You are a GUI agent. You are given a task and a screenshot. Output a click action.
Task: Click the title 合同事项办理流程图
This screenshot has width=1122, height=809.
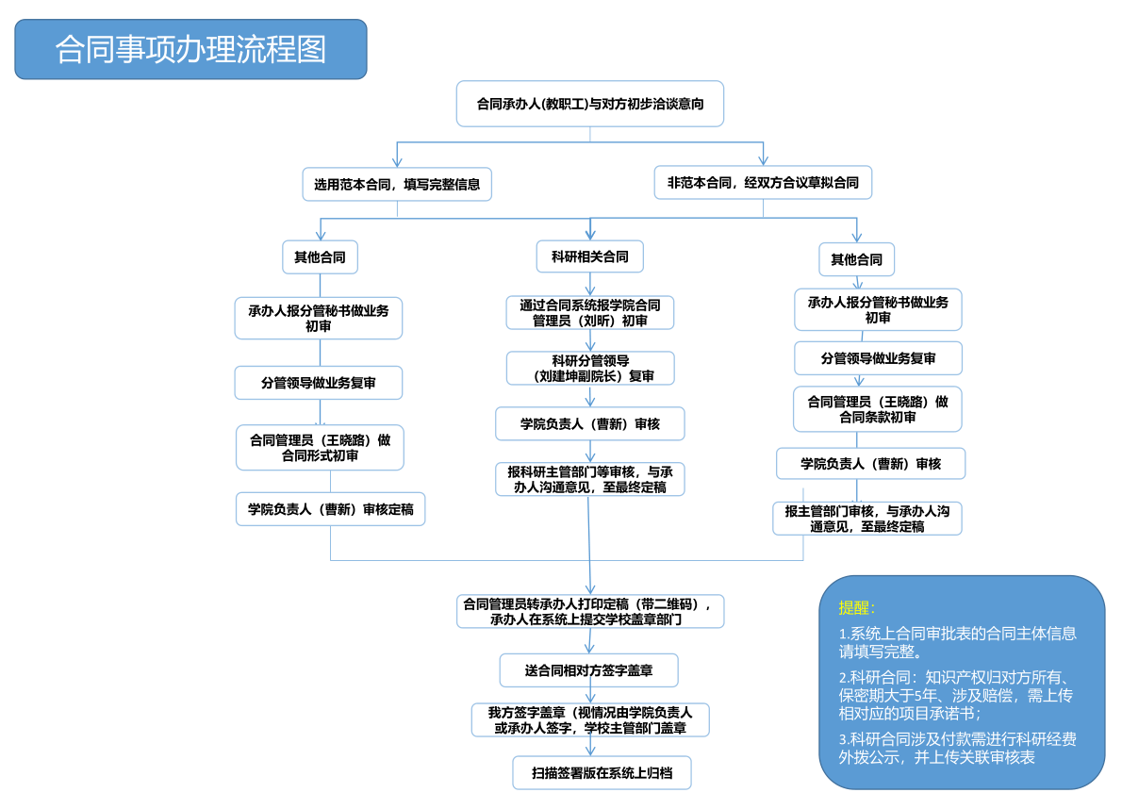tap(190, 49)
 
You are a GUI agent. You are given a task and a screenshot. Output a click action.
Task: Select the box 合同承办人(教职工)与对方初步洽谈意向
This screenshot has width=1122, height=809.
tap(590, 104)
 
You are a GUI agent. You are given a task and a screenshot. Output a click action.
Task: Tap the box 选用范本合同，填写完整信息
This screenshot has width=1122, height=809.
tap(397, 185)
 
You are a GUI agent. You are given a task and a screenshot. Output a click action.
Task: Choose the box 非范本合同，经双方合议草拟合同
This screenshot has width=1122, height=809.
tap(763, 183)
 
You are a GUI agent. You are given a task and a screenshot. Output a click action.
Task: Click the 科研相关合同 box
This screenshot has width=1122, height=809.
tap(590, 256)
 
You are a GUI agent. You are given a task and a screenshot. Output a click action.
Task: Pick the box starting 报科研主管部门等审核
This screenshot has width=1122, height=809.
tap(590, 479)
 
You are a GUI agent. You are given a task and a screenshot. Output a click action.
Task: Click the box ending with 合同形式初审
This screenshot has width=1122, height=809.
tap(320, 448)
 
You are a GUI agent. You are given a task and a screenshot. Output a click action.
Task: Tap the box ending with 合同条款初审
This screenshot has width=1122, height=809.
tap(878, 409)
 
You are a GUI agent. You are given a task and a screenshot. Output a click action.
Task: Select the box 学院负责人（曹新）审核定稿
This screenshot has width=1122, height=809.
tap(330, 510)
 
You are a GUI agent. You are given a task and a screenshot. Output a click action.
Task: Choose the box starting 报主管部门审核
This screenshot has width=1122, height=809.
tap(867, 519)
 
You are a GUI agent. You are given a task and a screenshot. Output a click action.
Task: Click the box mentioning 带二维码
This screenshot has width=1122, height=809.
tap(590, 611)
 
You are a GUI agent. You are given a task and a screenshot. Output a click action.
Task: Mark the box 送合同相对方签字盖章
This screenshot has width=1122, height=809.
tap(588, 670)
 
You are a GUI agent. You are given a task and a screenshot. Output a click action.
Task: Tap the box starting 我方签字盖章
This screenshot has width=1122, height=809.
tap(590, 720)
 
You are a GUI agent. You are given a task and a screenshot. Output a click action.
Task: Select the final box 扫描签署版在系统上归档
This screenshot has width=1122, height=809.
tap(602, 773)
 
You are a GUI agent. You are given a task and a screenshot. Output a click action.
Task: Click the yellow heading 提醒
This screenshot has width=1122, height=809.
tap(857, 607)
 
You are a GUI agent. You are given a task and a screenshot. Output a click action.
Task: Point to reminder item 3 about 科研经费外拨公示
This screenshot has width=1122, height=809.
tap(957, 748)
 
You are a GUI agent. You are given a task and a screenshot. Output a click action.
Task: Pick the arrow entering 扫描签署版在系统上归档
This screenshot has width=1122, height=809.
tap(591, 748)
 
